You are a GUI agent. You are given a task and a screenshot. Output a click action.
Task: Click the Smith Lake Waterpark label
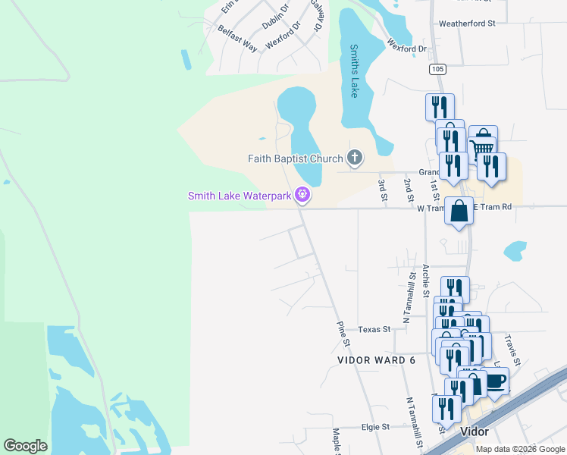240,196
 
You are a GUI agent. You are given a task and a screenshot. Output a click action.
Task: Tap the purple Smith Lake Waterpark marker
303,195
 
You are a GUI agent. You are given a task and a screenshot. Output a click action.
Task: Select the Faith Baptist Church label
296,158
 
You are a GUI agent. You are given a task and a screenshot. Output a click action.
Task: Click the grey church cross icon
354,158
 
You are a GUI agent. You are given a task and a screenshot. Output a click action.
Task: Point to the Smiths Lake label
353,71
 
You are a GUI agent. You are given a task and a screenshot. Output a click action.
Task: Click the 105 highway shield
436,69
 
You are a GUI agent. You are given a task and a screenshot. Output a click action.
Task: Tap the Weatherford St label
466,24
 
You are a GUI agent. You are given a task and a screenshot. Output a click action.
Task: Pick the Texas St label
374,330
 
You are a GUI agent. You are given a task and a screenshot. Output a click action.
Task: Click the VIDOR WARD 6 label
377,360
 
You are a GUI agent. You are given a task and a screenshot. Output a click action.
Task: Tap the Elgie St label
375,427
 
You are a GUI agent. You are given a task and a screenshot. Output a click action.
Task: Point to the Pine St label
341,329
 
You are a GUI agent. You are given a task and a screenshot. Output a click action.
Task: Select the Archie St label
426,281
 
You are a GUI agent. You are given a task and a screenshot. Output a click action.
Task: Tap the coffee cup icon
495,381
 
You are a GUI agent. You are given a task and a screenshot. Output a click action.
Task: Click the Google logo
25,446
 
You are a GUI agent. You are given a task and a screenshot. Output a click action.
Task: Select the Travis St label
513,347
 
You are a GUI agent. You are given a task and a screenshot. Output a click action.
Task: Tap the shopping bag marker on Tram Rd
459,211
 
